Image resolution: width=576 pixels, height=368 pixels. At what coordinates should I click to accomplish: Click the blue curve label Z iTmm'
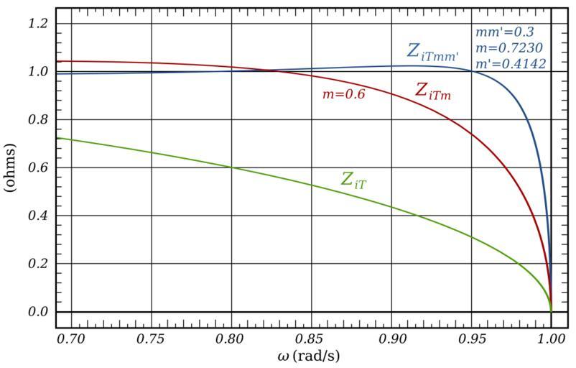tap(432, 52)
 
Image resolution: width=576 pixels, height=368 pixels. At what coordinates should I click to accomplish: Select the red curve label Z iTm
tap(433, 91)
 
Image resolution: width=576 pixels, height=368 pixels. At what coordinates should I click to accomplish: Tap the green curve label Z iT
tap(356, 180)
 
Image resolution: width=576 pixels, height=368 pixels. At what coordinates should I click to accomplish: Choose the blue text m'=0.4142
tap(509, 63)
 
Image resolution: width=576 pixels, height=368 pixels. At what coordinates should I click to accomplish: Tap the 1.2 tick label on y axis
tap(36, 24)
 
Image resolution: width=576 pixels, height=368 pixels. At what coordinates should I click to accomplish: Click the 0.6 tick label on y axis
tap(36, 167)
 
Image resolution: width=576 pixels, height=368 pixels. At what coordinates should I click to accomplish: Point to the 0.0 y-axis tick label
tap(36, 311)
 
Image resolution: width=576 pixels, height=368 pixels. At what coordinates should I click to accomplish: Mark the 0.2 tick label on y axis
tap(36, 264)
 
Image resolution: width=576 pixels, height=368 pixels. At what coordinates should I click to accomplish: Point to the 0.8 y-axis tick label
tap(36, 120)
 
